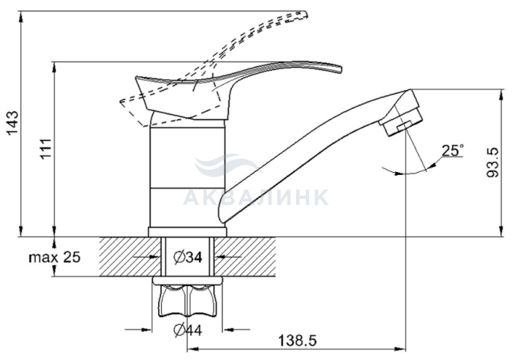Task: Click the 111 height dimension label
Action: [x=45, y=149]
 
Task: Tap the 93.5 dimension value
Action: [x=493, y=162]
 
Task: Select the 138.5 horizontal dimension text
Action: [x=297, y=341]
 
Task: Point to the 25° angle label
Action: [x=453, y=150]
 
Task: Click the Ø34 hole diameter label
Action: [x=188, y=257]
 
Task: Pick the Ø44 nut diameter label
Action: [x=188, y=330]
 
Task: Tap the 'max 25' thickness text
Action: [x=55, y=258]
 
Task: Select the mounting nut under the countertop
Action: [x=187, y=296]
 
